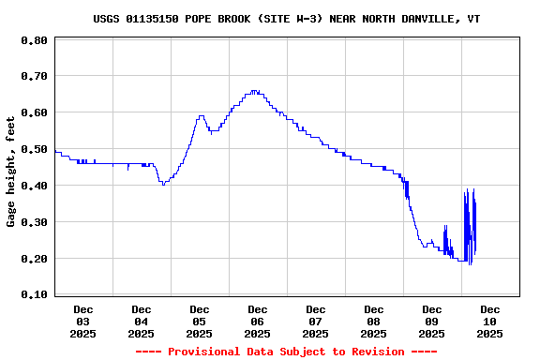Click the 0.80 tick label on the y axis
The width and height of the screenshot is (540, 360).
(34, 40)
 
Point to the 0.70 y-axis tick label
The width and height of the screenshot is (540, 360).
(34, 76)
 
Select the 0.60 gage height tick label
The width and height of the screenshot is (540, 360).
(34, 112)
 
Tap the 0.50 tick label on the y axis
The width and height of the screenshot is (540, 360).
(34, 149)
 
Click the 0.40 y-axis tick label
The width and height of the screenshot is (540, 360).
(34, 186)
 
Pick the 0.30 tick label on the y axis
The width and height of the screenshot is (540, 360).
(34, 222)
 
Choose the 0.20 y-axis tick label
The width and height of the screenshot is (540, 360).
(34, 259)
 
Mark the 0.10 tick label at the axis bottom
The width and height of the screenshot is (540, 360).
(34, 294)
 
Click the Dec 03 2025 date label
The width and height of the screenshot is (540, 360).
(83, 321)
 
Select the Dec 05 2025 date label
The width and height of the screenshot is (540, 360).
(200, 321)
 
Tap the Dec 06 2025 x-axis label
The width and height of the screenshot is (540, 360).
(258, 321)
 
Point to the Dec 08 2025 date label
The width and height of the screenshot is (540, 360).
(374, 321)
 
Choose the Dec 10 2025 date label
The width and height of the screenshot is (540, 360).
(490, 321)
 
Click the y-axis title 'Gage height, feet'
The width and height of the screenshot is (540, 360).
(11, 172)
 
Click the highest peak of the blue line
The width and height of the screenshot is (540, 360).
(253, 91)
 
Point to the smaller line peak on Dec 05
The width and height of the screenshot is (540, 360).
(201, 116)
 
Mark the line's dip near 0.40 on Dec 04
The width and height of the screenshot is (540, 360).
(163, 184)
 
